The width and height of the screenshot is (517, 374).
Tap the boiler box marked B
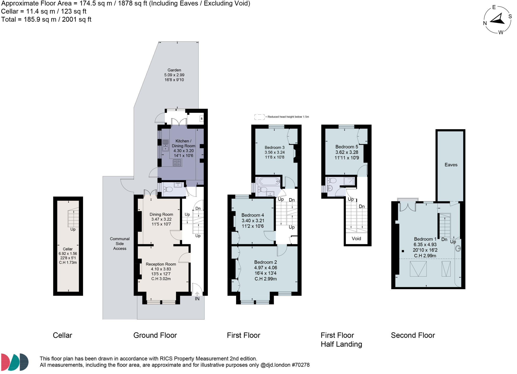(201, 118)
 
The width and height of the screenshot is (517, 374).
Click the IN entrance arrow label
(197, 298)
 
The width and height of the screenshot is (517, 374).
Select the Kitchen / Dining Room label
(184, 143)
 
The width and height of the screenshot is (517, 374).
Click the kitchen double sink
(165, 145)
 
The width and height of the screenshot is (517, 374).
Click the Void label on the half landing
(356, 238)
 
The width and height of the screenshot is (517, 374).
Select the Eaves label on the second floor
(451, 165)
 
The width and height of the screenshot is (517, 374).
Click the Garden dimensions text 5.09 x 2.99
(174, 75)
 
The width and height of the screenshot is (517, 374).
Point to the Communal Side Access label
(120, 243)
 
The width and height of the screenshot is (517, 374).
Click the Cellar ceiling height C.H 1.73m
(68, 262)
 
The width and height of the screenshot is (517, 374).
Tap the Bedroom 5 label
(347, 147)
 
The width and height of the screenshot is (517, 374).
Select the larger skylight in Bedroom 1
(418, 269)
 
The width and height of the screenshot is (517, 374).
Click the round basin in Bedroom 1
(458, 248)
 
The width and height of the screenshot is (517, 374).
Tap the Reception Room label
(161, 264)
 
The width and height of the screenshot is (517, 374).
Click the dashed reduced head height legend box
(259, 117)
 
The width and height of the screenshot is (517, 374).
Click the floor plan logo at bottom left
(15, 362)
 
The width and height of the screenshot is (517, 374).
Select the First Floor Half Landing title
(341, 340)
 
